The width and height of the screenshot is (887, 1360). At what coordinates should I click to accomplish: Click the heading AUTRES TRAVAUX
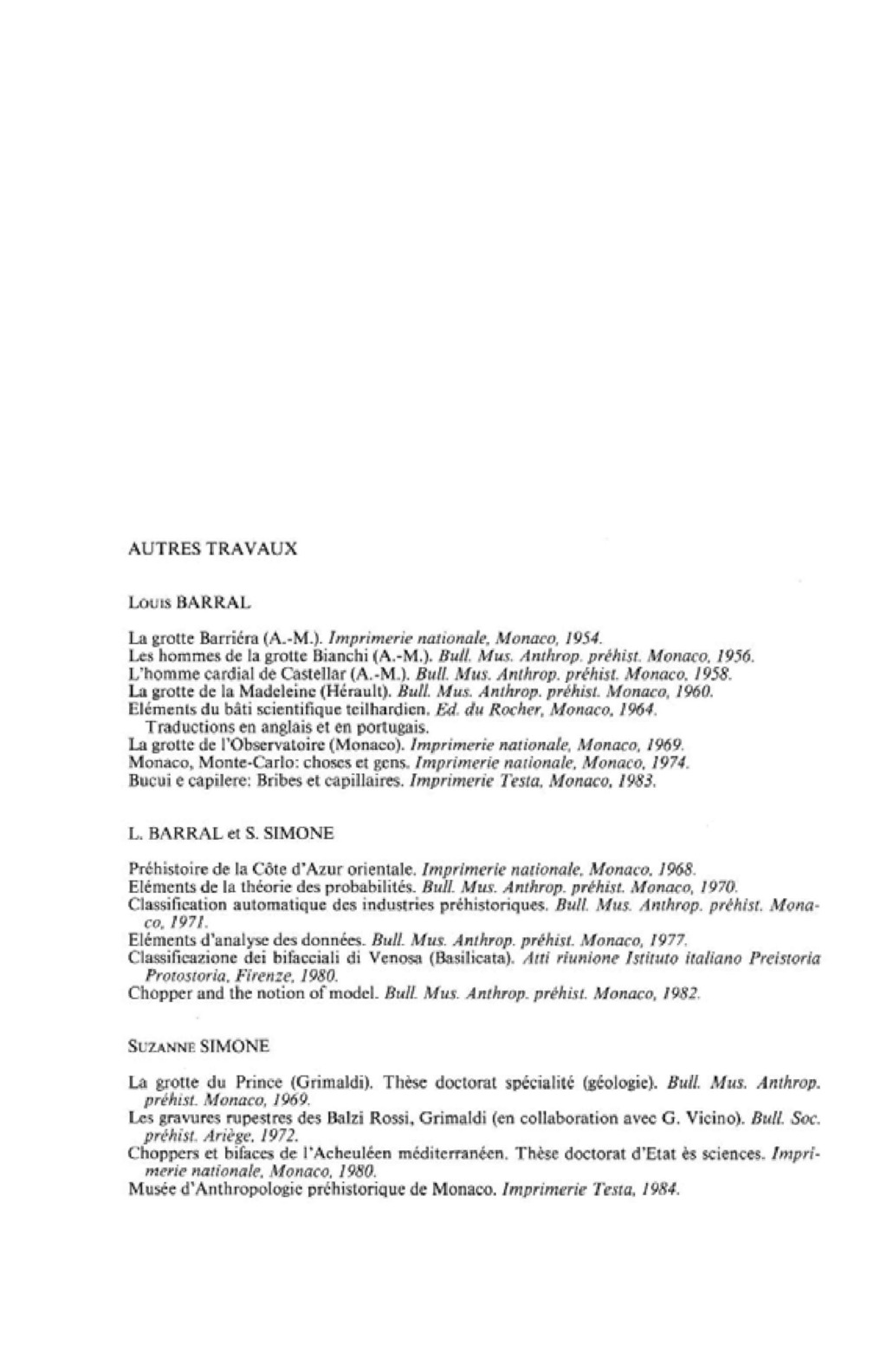tap(212, 550)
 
